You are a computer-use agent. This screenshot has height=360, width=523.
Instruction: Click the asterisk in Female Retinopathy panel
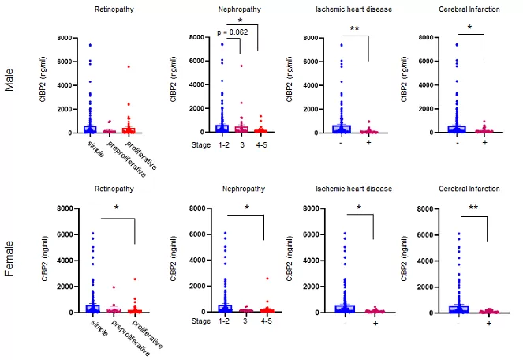[x=116, y=208]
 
